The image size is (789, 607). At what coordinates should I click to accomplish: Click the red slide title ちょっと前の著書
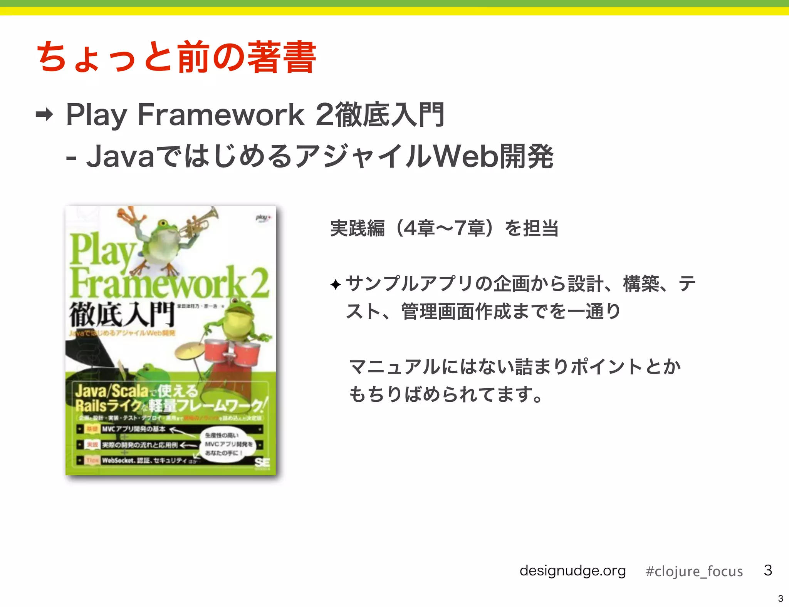pyautogui.click(x=176, y=58)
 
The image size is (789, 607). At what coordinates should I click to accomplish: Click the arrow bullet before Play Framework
pyautogui.click(x=44, y=114)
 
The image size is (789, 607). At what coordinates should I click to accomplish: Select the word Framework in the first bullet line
pyautogui.click(x=221, y=114)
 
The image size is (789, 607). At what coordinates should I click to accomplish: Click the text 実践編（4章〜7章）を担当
pyautogui.click(x=444, y=228)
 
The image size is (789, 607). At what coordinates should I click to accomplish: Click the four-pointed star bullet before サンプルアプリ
pyautogui.click(x=336, y=285)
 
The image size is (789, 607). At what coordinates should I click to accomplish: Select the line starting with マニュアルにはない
pyautogui.click(x=515, y=366)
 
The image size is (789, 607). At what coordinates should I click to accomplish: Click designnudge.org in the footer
pyautogui.click(x=572, y=570)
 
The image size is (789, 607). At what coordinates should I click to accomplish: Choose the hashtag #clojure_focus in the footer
pyautogui.click(x=694, y=571)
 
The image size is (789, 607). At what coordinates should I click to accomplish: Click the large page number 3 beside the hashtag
pyautogui.click(x=768, y=570)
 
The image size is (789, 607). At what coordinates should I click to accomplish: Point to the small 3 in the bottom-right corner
pyautogui.click(x=781, y=599)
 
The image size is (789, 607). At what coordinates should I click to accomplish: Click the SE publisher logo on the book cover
pyautogui.click(x=262, y=463)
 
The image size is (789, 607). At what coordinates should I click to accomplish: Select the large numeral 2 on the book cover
pyautogui.click(x=259, y=283)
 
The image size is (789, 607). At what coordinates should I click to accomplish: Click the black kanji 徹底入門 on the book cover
pyautogui.click(x=122, y=315)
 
